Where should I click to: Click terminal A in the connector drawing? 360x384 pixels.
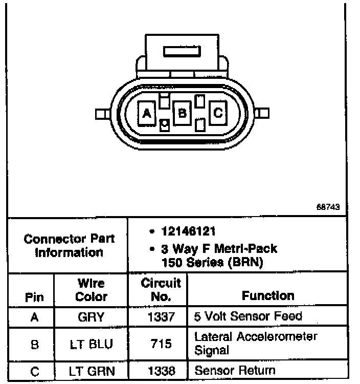pyautogui.click(x=147, y=113)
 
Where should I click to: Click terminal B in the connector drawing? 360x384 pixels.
pyautogui.click(x=182, y=112)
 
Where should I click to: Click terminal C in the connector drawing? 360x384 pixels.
pyautogui.click(x=218, y=112)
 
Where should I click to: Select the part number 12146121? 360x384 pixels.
pyautogui.click(x=184, y=232)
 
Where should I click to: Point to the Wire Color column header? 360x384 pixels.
pyautogui.click(x=92, y=290)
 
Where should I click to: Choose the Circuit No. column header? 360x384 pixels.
pyautogui.click(x=161, y=289)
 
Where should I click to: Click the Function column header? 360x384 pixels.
pyautogui.click(x=268, y=295)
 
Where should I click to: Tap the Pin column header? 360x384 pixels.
pyautogui.click(x=34, y=297)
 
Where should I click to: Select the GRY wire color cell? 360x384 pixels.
pyautogui.click(x=92, y=317)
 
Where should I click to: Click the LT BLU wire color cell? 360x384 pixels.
pyautogui.click(x=92, y=344)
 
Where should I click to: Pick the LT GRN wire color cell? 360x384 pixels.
pyautogui.click(x=92, y=371)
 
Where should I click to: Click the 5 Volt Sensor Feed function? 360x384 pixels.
pyautogui.click(x=248, y=316)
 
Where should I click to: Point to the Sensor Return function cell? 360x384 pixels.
pyautogui.click(x=235, y=371)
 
